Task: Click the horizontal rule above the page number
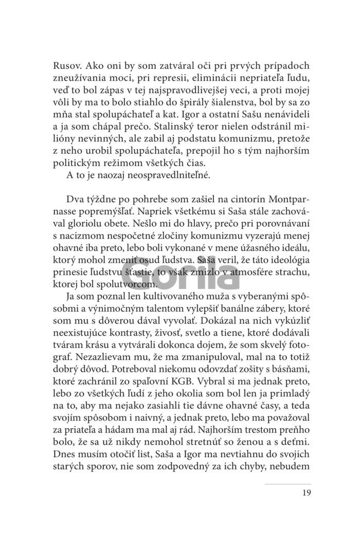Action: pos(288,484)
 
